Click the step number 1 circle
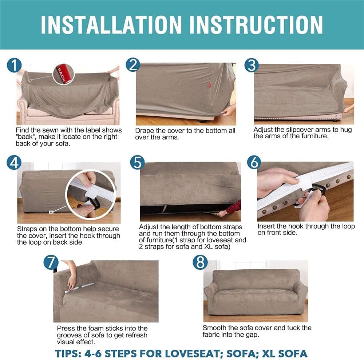pyautogui.click(x=14, y=65)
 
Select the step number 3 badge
pyautogui.click(x=252, y=65)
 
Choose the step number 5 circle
pyautogui.click(x=138, y=162)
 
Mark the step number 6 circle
pyautogui.click(x=254, y=162)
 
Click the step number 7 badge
pyautogui.click(x=51, y=262)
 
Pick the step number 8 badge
pyautogui.click(x=200, y=262)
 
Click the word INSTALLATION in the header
pyautogui.click(x=111, y=25)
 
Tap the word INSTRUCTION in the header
pyautogui.click(x=256, y=25)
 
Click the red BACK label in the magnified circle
pyautogui.click(x=62, y=74)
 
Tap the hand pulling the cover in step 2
pyautogui.click(x=229, y=110)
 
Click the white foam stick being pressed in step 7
pyautogui.click(x=79, y=287)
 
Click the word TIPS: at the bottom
pyautogui.click(x=68, y=353)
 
